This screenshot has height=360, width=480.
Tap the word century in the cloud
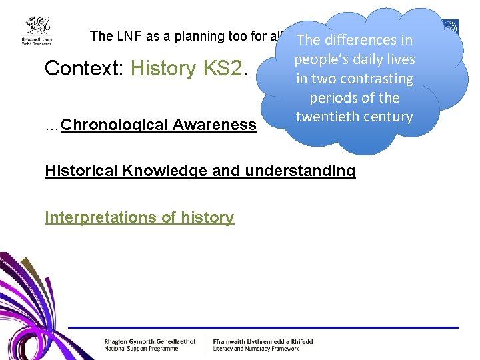tap(387, 116)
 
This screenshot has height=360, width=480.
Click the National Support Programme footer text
tap(141, 348)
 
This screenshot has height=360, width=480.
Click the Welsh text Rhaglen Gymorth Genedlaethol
tap(149, 341)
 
